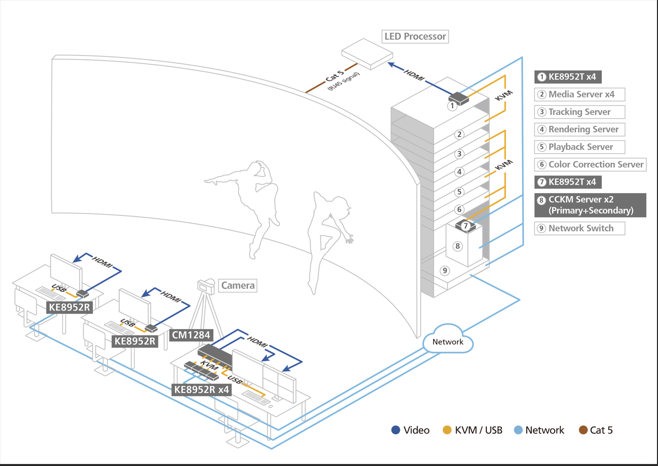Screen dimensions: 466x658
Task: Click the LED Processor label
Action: (415, 37)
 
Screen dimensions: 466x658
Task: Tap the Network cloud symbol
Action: (448, 341)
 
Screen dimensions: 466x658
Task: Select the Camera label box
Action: (238, 286)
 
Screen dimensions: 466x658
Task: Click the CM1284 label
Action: (191, 335)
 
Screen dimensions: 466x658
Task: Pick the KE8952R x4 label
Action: (201, 389)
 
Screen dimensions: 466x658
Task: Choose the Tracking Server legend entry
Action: (579, 112)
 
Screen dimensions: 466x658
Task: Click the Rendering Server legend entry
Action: (579, 130)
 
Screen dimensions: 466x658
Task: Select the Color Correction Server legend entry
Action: (590, 165)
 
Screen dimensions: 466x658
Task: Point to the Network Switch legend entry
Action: (579, 228)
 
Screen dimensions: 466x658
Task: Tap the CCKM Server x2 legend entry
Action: (590, 205)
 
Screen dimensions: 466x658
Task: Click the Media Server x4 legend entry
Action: (579, 95)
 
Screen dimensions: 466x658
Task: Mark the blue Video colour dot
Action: (396, 430)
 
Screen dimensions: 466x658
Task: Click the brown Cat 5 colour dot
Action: (583, 430)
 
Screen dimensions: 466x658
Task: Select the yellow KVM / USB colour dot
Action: (447, 430)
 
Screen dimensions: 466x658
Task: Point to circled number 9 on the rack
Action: (444, 271)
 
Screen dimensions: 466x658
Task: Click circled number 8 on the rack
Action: (457, 246)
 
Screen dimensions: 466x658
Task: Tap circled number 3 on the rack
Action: (459, 154)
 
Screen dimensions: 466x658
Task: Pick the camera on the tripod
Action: (206, 286)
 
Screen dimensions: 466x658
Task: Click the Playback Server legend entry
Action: (579, 147)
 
